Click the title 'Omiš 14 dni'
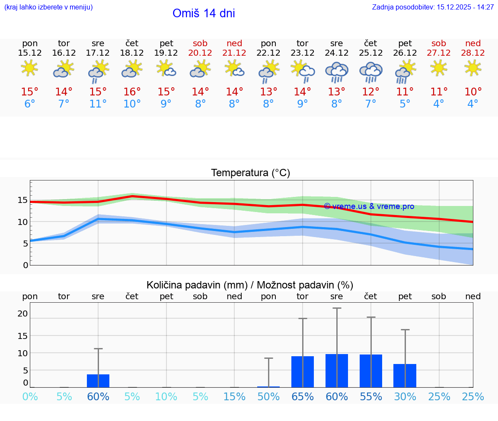[x=204, y=13]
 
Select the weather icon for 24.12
[x=337, y=72]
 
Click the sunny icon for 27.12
[x=439, y=68]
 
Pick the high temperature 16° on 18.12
[x=132, y=92]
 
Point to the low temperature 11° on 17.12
[x=98, y=104]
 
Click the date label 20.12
[x=200, y=53]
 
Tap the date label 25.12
[x=370, y=53]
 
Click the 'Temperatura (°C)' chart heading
[x=250, y=173]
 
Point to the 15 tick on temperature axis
[x=23, y=200]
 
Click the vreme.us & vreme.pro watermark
[x=369, y=206]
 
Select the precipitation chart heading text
[x=250, y=285]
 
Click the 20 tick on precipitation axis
[x=23, y=313]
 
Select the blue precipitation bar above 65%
[x=303, y=372]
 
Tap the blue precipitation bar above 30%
[x=405, y=376]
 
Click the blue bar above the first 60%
[x=98, y=381]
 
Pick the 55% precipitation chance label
[x=370, y=397]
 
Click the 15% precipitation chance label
[x=234, y=397]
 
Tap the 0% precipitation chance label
[x=30, y=397]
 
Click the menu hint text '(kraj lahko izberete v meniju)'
[x=48, y=7]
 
